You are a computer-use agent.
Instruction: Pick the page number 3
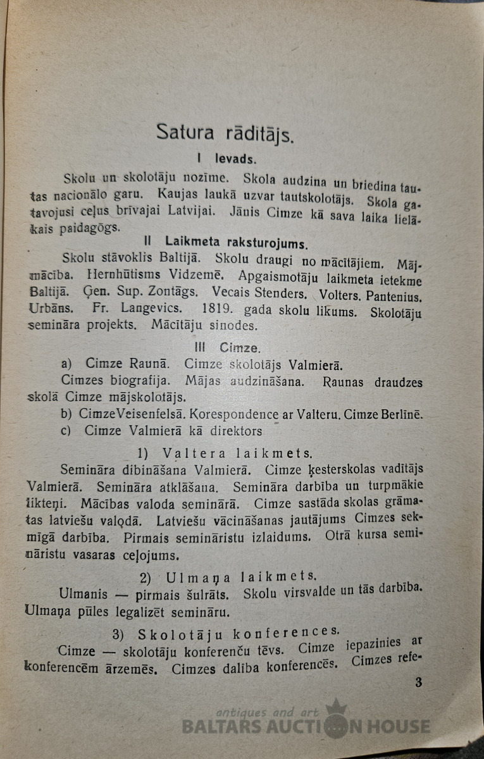(x=418, y=682)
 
